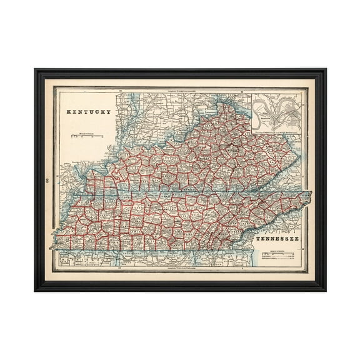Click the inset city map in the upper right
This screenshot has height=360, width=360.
click(x=278, y=112)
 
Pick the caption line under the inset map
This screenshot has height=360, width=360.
click(x=278, y=132)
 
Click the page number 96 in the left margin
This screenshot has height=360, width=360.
click(x=47, y=181)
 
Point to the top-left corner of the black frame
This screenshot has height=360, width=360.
click(x=35, y=69)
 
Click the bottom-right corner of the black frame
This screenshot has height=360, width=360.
click(x=326, y=291)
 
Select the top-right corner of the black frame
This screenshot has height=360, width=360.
click(x=326, y=69)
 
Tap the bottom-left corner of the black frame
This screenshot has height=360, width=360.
click(x=35, y=291)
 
